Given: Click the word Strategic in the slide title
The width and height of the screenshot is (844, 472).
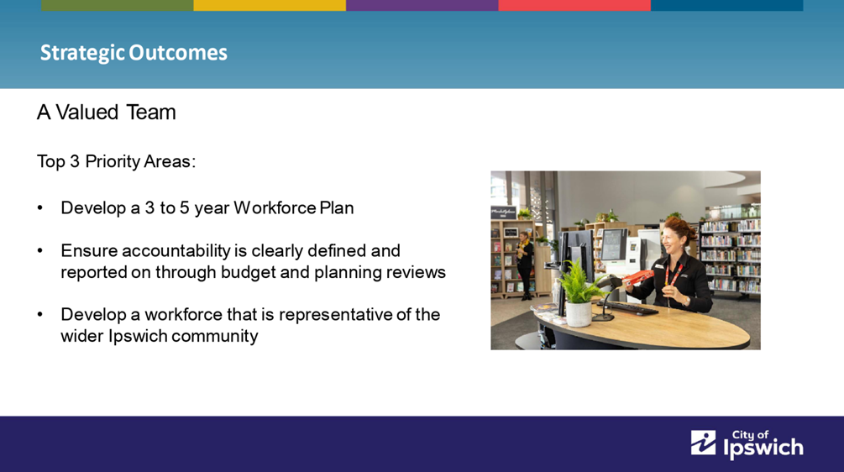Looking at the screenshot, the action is pyautogui.click(x=82, y=53).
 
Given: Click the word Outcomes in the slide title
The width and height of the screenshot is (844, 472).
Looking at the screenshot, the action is pyautogui.click(x=178, y=52).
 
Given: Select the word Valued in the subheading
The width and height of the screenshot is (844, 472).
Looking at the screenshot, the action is pyautogui.click(x=87, y=112).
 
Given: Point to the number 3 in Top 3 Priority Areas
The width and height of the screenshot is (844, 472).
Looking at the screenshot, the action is pyautogui.click(x=75, y=161).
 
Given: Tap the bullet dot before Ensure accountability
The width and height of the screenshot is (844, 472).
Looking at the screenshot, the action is pyautogui.click(x=39, y=251).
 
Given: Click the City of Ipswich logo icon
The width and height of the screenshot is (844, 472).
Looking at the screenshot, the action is pyautogui.click(x=704, y=443).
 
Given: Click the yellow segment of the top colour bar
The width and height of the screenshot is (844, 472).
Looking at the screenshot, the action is pyautogui.click(x=270, y=5).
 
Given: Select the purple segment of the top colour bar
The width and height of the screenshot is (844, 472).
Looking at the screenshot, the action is pyautogui.click(x=422, y=5).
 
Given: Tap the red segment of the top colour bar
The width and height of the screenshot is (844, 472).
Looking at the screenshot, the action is pyautogui.click(x=574, y=5).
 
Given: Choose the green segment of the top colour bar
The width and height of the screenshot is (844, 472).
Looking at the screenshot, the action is pyautogui.click(x=118, y=5).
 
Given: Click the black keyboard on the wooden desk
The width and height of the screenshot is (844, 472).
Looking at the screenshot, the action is pyautogui.click(x=627, y=308).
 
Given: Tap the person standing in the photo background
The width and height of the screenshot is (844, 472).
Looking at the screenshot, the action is pyautogui.click(x=525, y=265).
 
